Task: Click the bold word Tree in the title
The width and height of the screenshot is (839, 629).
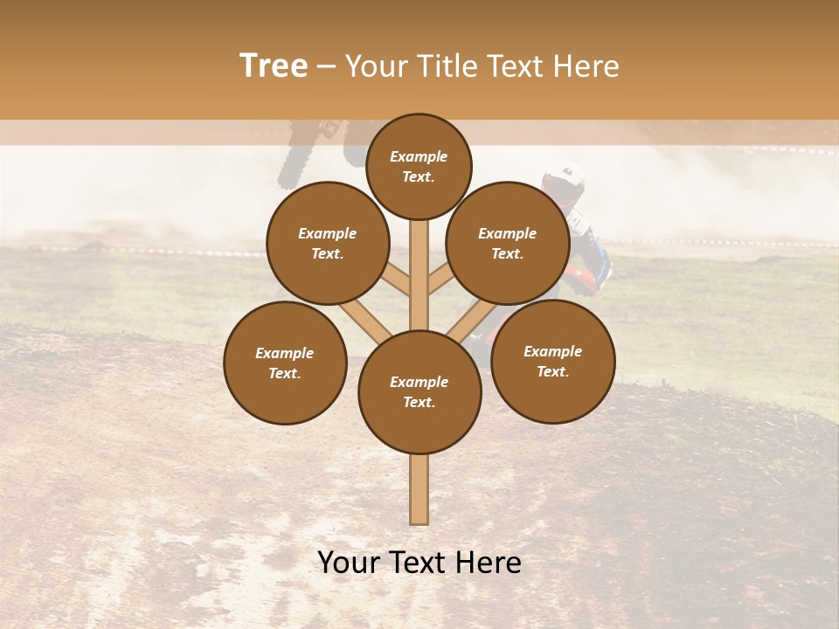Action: tap(274, 66)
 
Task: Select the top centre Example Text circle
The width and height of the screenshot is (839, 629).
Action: tap(419, 166)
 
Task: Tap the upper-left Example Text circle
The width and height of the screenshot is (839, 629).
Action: tap(328, 243)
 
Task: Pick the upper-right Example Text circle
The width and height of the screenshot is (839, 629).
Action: tap(508, 243)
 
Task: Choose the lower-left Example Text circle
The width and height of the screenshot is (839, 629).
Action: tap(285, 363)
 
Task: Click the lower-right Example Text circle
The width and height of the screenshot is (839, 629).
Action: tap(553, 361)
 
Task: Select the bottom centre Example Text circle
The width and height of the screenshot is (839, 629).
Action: tap(419, 391)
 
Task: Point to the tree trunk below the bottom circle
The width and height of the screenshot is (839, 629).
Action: tap(419, 489)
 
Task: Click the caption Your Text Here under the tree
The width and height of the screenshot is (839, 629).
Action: tap(419, 563)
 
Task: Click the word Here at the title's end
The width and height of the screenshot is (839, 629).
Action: tap(588, 66)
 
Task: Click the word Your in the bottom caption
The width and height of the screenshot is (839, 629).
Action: tap(349, 563)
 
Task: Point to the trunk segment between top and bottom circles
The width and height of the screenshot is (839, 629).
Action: tap(419, 275)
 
